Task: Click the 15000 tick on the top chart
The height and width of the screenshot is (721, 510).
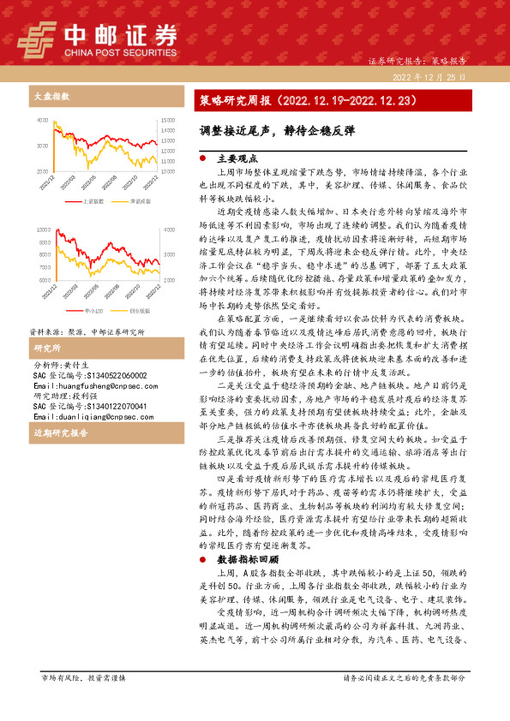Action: [168, 120]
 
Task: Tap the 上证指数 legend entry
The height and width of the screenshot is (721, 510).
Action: [93, 201]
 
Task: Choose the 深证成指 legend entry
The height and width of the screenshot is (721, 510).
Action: [141, 201]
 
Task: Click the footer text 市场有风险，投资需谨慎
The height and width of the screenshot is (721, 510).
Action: [83, 701]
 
